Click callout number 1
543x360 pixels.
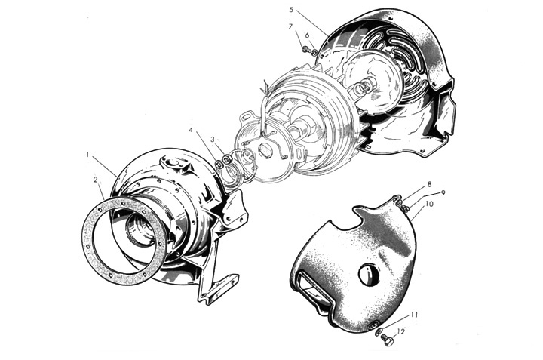[x=88, y=154]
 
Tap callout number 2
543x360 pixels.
[x=95, y=180]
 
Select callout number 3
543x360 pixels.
[x=213, y=140]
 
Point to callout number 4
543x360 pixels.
[x=191, y=130]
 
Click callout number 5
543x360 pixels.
[x=291, y=10]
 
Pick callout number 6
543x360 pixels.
[x=307, y=35]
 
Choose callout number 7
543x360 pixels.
[x=291, y=26]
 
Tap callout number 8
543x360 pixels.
[x=429, y=183]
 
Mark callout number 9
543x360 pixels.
[x=443, y=193]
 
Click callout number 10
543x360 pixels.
[x=428, y=204]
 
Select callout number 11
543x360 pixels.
[x=414, y=315]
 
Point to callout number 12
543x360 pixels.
[x=401, y=331]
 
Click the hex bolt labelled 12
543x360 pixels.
[x=388, y=340]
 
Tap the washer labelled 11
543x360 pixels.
[x=379, y=332]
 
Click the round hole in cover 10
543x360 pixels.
[x=369, y=274]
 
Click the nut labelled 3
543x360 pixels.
[x=226, y=160]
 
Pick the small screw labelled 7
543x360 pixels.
[x=305, y=50]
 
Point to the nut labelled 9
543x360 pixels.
[x=404, y=208]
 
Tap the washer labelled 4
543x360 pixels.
[x=219, y=165]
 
